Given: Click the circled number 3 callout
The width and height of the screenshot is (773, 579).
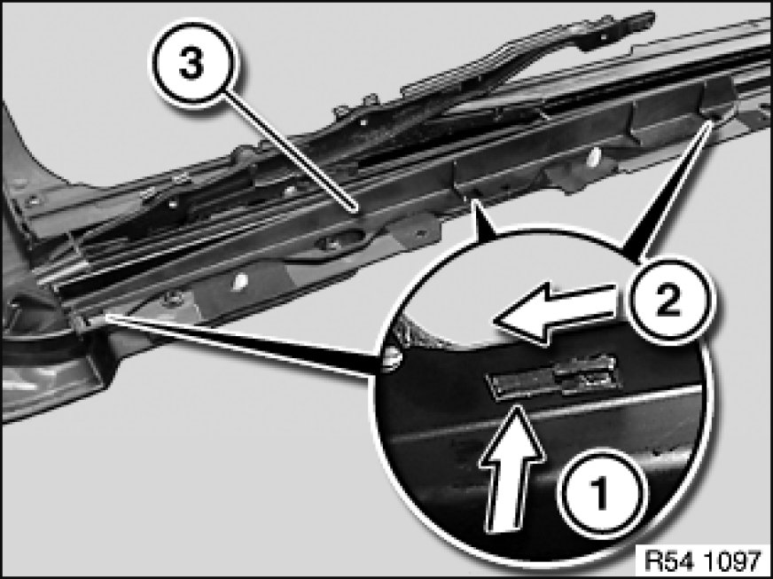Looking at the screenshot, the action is coord(193,63).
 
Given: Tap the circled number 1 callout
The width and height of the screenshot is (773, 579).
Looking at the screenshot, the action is coord(600,492).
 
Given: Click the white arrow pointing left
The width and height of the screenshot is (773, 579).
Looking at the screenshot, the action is coord(556,313).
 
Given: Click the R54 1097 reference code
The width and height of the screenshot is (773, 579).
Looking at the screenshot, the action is coord(702,560).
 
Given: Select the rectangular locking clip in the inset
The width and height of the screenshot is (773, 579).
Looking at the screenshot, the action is coord(551,377).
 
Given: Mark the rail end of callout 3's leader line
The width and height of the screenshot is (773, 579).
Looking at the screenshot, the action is coord(354,211).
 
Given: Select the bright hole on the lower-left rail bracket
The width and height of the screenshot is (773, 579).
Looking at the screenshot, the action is coord(240,282).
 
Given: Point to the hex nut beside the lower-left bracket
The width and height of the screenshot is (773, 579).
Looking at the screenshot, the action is coord(174,298).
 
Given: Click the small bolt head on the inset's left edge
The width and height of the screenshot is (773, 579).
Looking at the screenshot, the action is coord(392,358).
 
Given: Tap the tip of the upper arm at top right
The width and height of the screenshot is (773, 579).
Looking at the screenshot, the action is coord(652,19).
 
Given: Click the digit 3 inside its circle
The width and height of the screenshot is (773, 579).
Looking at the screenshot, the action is coord(192,63).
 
